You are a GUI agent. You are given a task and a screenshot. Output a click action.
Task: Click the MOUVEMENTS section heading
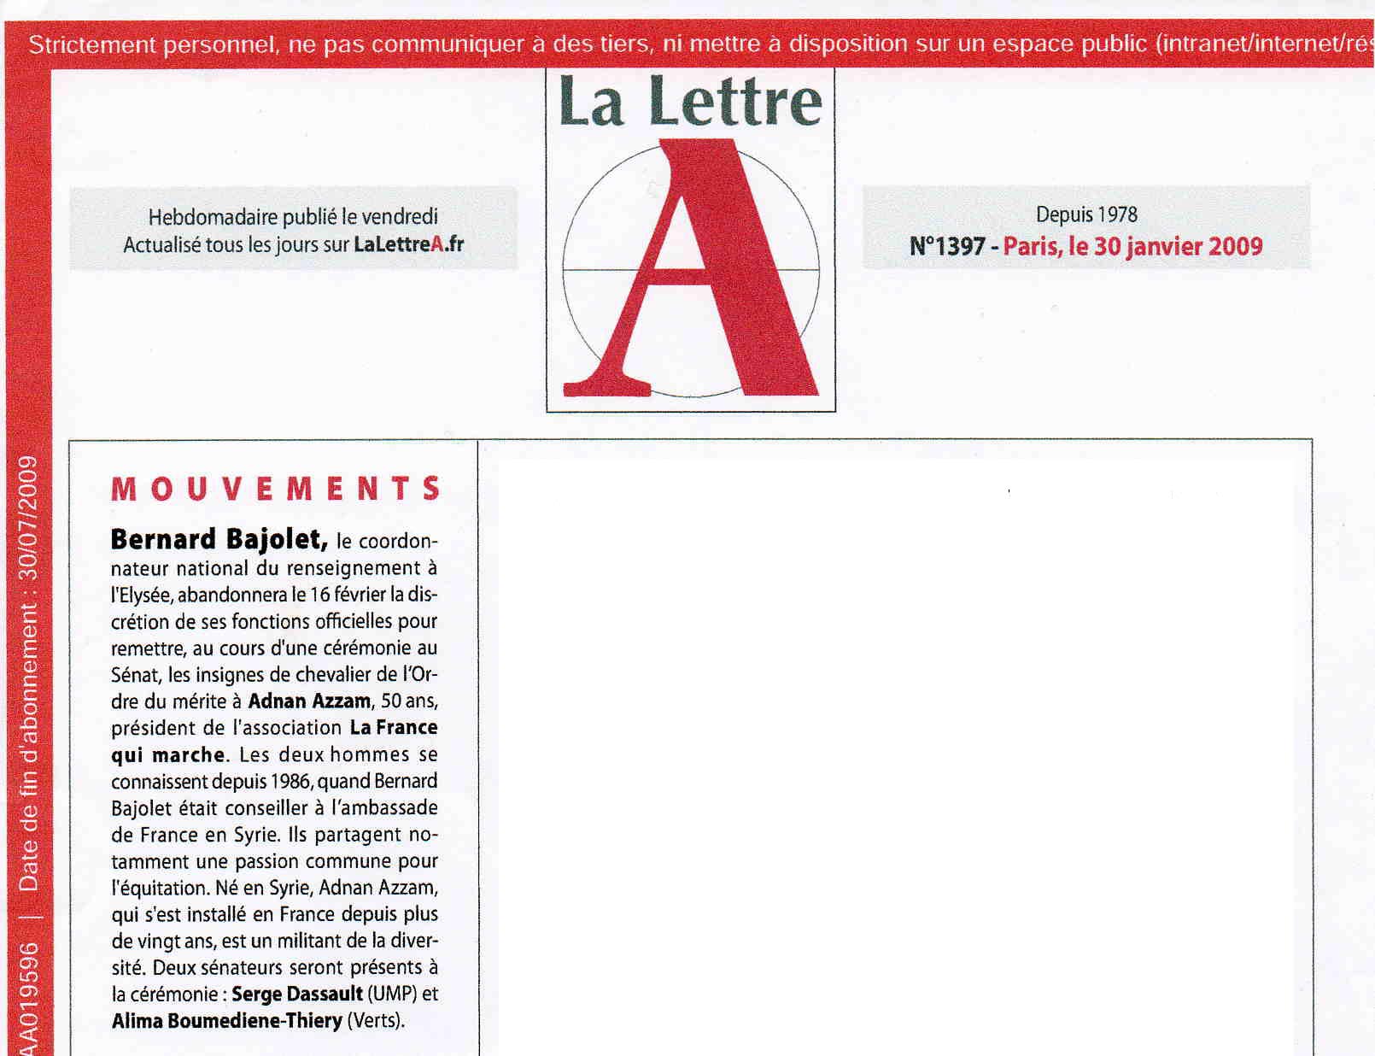pos(275,489)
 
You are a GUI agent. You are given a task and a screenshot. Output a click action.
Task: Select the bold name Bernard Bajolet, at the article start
pos(219,540)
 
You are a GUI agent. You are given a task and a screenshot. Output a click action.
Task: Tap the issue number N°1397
pos(947,247)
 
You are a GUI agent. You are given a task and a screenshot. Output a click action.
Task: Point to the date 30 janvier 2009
pos(1178,247)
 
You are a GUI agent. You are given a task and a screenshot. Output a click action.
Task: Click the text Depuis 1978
pos(1086,214)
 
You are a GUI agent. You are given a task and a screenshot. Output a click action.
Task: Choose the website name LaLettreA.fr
pos(408,245)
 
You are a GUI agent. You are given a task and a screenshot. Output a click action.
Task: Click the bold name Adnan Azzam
pos(309,701)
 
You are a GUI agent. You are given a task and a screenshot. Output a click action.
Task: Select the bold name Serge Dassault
pos(296,994)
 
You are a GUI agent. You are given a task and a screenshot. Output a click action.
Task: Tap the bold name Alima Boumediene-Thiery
pos(226,1021)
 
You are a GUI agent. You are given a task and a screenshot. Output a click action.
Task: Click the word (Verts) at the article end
pos(375,1021)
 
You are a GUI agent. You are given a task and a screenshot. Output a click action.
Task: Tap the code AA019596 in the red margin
pos(28,1000)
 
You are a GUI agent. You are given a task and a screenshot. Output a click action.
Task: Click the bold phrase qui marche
pos(168,755)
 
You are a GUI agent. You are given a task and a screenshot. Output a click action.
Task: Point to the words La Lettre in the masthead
pos(690,103)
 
